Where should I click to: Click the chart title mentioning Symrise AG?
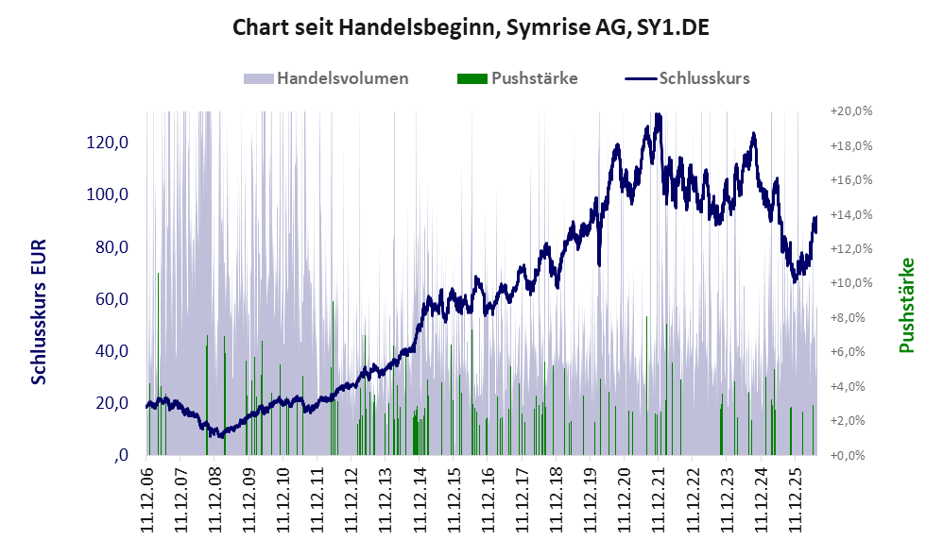click(471, 27)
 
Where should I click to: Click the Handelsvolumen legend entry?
click(326, 78)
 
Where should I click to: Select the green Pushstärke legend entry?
click(517, 78)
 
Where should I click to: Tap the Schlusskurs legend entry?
click(687, 78)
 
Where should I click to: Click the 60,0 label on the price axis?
click(111, 298)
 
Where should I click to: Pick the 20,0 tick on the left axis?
click(111, 403)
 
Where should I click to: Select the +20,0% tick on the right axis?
click(851, 111)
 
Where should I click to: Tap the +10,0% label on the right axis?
click(851, 283)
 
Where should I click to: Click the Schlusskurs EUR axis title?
click(39, 312)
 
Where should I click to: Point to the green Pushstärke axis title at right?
click(906, 305)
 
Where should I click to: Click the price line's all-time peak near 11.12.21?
click(658, 114)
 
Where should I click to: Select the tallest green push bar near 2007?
click(158, 363)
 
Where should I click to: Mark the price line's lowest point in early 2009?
click(221, 435)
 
